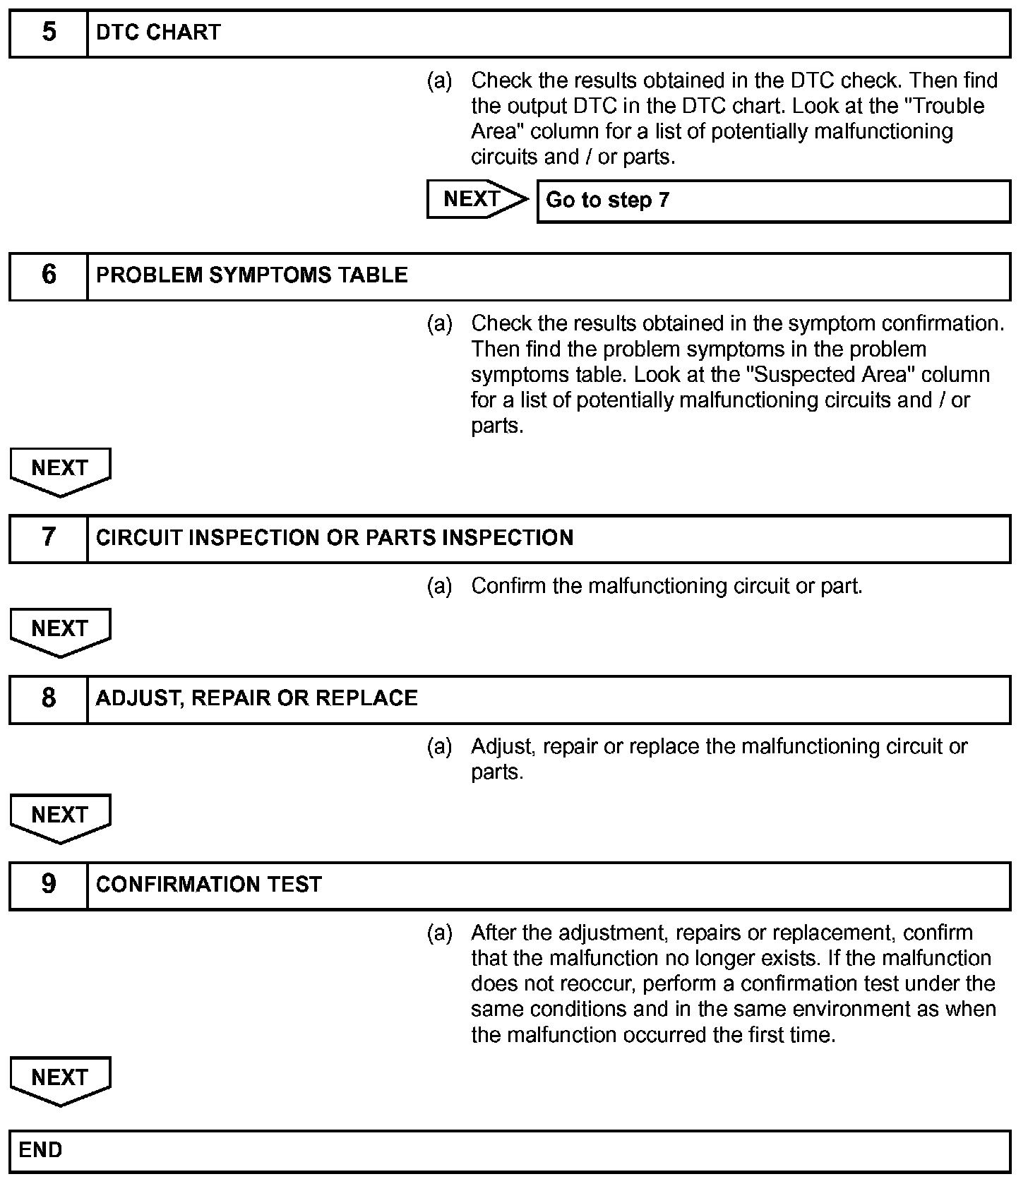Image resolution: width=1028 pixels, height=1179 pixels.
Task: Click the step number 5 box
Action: click(x=48, y=33)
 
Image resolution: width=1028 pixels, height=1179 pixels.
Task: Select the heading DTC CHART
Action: click(x=158, y=33)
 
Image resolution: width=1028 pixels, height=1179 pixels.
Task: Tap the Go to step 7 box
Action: click(x=773, y=201)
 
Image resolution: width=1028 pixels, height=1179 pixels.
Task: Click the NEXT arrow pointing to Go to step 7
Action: click(x=476, y=200)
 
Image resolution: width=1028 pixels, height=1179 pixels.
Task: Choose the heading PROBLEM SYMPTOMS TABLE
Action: click(x=251, y=276)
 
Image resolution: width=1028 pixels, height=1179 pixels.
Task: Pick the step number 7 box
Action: click(x=48, y=539)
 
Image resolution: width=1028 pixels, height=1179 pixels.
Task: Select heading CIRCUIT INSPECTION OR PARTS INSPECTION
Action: click(x=335, y=539)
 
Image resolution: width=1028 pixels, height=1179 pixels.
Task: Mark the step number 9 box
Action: click(x=48, y=885)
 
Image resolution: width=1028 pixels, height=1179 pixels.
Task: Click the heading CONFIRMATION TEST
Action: click(x=209, y=885)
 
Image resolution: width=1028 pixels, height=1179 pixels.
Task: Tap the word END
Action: click(x=40, y=1151)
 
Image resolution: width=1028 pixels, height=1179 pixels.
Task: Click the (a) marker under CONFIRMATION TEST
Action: click(x=439, y=933)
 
